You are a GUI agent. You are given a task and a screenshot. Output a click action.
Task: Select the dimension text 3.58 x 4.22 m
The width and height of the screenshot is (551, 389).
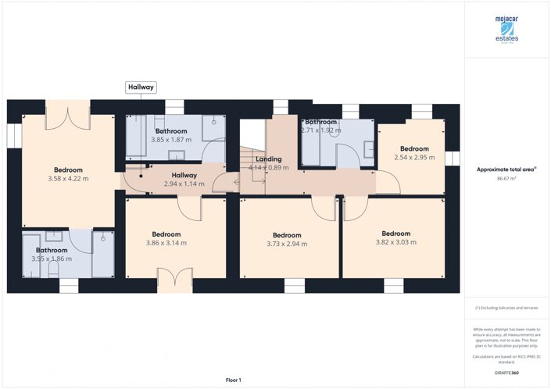click(x=68, y=179)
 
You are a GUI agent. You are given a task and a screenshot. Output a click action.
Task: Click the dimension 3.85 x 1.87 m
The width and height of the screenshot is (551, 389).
click(x=170, y=140)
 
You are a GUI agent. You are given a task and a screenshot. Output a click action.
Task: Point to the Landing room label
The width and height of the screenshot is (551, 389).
click(x=268, y=159)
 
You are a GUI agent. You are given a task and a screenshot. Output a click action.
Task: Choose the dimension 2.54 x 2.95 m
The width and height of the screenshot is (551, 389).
click(x=414, y=158)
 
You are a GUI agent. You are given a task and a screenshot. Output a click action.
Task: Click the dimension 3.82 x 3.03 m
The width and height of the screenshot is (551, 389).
click(x=395, y=242)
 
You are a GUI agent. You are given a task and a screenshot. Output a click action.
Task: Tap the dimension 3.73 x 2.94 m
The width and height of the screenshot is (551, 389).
click(x=287, y=244)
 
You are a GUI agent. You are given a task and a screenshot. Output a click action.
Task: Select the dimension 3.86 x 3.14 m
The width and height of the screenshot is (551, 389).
click(x=166, y=243)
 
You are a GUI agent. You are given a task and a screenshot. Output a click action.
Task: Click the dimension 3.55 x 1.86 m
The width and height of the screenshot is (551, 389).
click(x=52, y=259)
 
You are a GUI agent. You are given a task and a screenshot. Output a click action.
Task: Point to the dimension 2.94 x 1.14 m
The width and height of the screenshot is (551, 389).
click(x=184, y=184)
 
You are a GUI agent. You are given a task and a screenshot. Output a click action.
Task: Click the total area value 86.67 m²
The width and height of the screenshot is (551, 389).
click(x=506, y=179)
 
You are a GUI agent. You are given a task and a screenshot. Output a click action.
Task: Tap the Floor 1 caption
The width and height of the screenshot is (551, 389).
click(x=234, y=380)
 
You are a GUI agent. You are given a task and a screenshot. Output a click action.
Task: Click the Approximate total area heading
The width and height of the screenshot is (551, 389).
click(x=506, y=169)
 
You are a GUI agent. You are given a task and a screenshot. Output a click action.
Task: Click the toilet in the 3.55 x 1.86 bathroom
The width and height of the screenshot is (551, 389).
click(x=52, y=269)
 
